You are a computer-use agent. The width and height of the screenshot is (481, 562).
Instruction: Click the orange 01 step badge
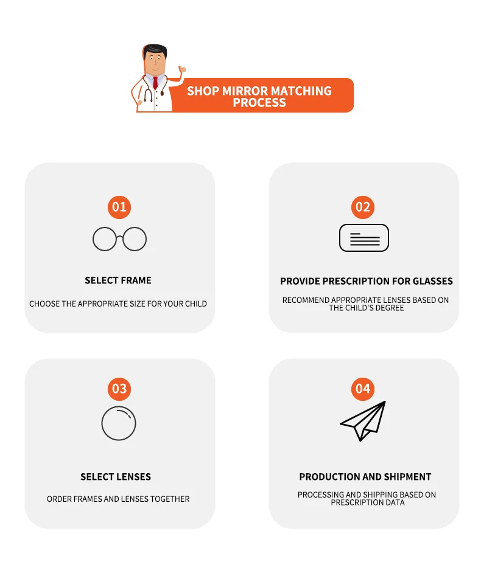pos(119,207)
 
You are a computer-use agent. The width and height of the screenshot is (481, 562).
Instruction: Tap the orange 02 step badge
pos(363,207)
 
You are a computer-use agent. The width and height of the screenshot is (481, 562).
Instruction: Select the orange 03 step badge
pos(119,389)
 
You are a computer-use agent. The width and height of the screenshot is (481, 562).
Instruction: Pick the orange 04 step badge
pos(363,389)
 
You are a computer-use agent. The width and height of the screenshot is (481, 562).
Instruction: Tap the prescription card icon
pos(364,225)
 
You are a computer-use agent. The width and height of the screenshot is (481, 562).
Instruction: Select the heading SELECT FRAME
pos(118,280)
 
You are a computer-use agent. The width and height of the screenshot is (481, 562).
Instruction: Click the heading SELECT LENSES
pos(116,477)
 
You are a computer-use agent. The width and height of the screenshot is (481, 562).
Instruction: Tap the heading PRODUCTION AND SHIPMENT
pos(365,477)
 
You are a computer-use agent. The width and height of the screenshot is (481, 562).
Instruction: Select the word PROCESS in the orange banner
pos(259,103)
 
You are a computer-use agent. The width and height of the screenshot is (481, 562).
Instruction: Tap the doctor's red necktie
pos(155,83)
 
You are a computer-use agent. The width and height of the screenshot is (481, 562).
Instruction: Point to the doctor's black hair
pos(155,49)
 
